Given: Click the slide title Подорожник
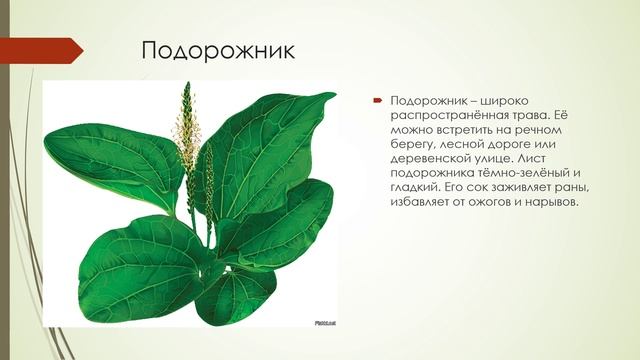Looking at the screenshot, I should pyautogui.click(x=217, y=50).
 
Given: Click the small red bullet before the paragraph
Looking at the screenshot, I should pyautogui.click(x=379, y=101).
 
